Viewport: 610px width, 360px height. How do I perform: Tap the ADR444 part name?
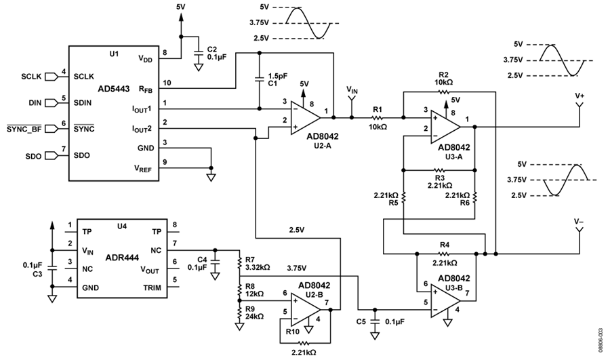122,258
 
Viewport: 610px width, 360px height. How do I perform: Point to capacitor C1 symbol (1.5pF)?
260,79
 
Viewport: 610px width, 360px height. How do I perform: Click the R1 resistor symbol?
377,117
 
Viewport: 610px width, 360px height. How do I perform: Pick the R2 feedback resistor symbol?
443,92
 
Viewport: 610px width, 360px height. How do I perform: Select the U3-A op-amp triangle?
445,127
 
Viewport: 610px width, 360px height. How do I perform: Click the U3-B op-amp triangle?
445,301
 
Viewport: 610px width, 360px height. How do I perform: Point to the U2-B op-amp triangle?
306,310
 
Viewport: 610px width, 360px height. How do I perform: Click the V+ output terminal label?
579,96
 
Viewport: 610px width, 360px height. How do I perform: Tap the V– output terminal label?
579,222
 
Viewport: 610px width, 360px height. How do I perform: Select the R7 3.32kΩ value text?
258,267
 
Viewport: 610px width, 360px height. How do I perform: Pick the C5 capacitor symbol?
375,322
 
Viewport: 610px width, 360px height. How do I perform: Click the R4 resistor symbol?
445,254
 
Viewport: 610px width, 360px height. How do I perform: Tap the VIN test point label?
352,90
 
